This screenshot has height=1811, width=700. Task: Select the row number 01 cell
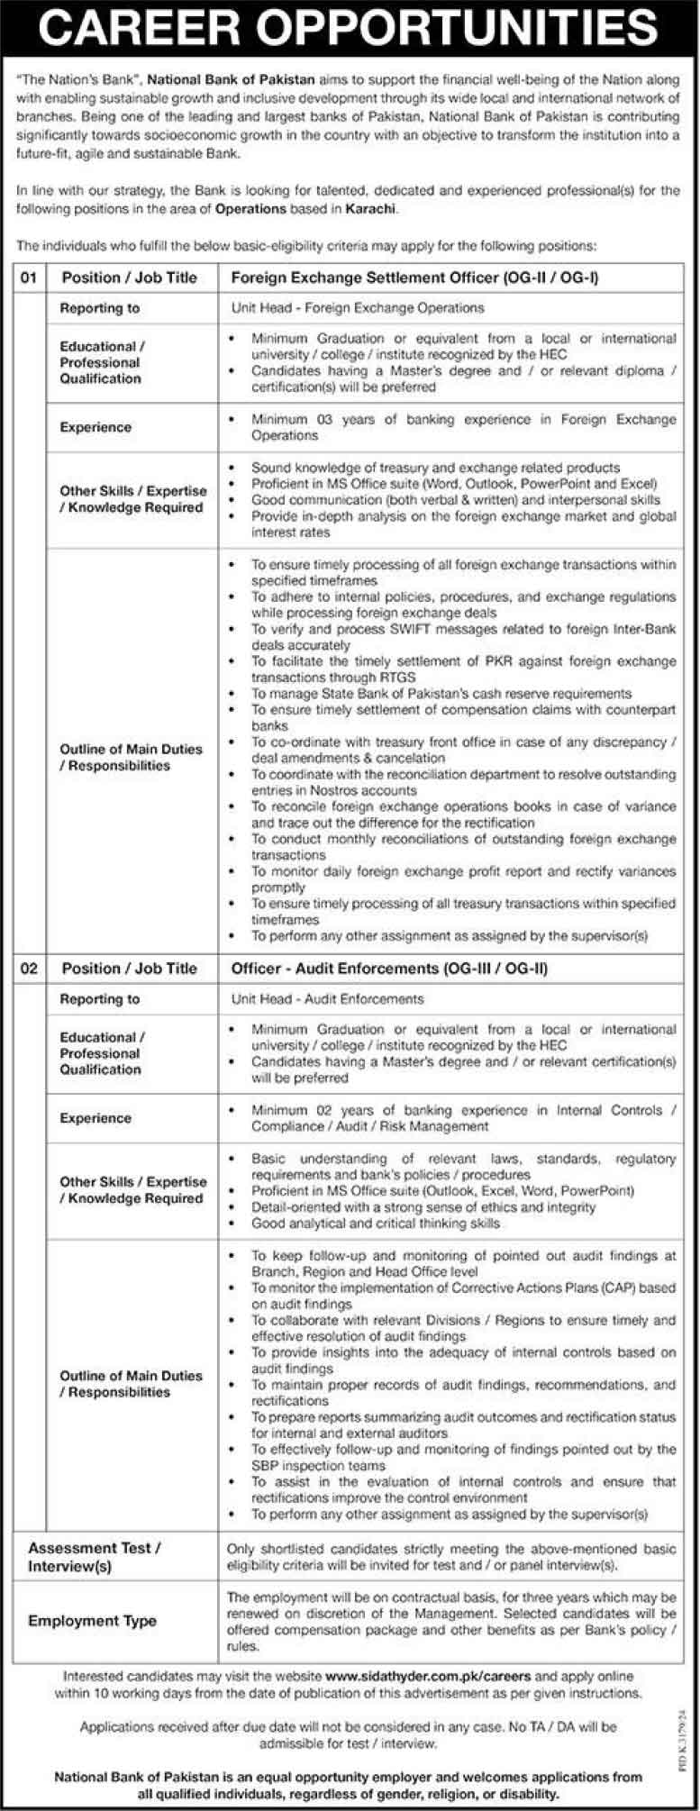pyautogui.click(x=30, y=278)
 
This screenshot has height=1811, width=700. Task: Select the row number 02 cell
pyautogui.click(x=30, y=969)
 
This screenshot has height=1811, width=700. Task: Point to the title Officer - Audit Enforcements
pyautogui.click(x=334, y=969)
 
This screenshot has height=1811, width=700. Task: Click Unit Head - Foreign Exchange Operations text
pyautogui.click(x=358, y=308)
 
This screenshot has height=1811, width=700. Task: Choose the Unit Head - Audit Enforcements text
pyautogui.click(x=327, y=999)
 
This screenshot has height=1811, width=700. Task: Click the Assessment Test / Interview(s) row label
pyautogui.click(x=94, y=1556)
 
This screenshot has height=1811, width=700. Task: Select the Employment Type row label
pyautogui.click(x=92, y=1621)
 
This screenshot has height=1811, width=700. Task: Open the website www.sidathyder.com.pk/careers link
pyautogui.click(x=428, y=1677)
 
